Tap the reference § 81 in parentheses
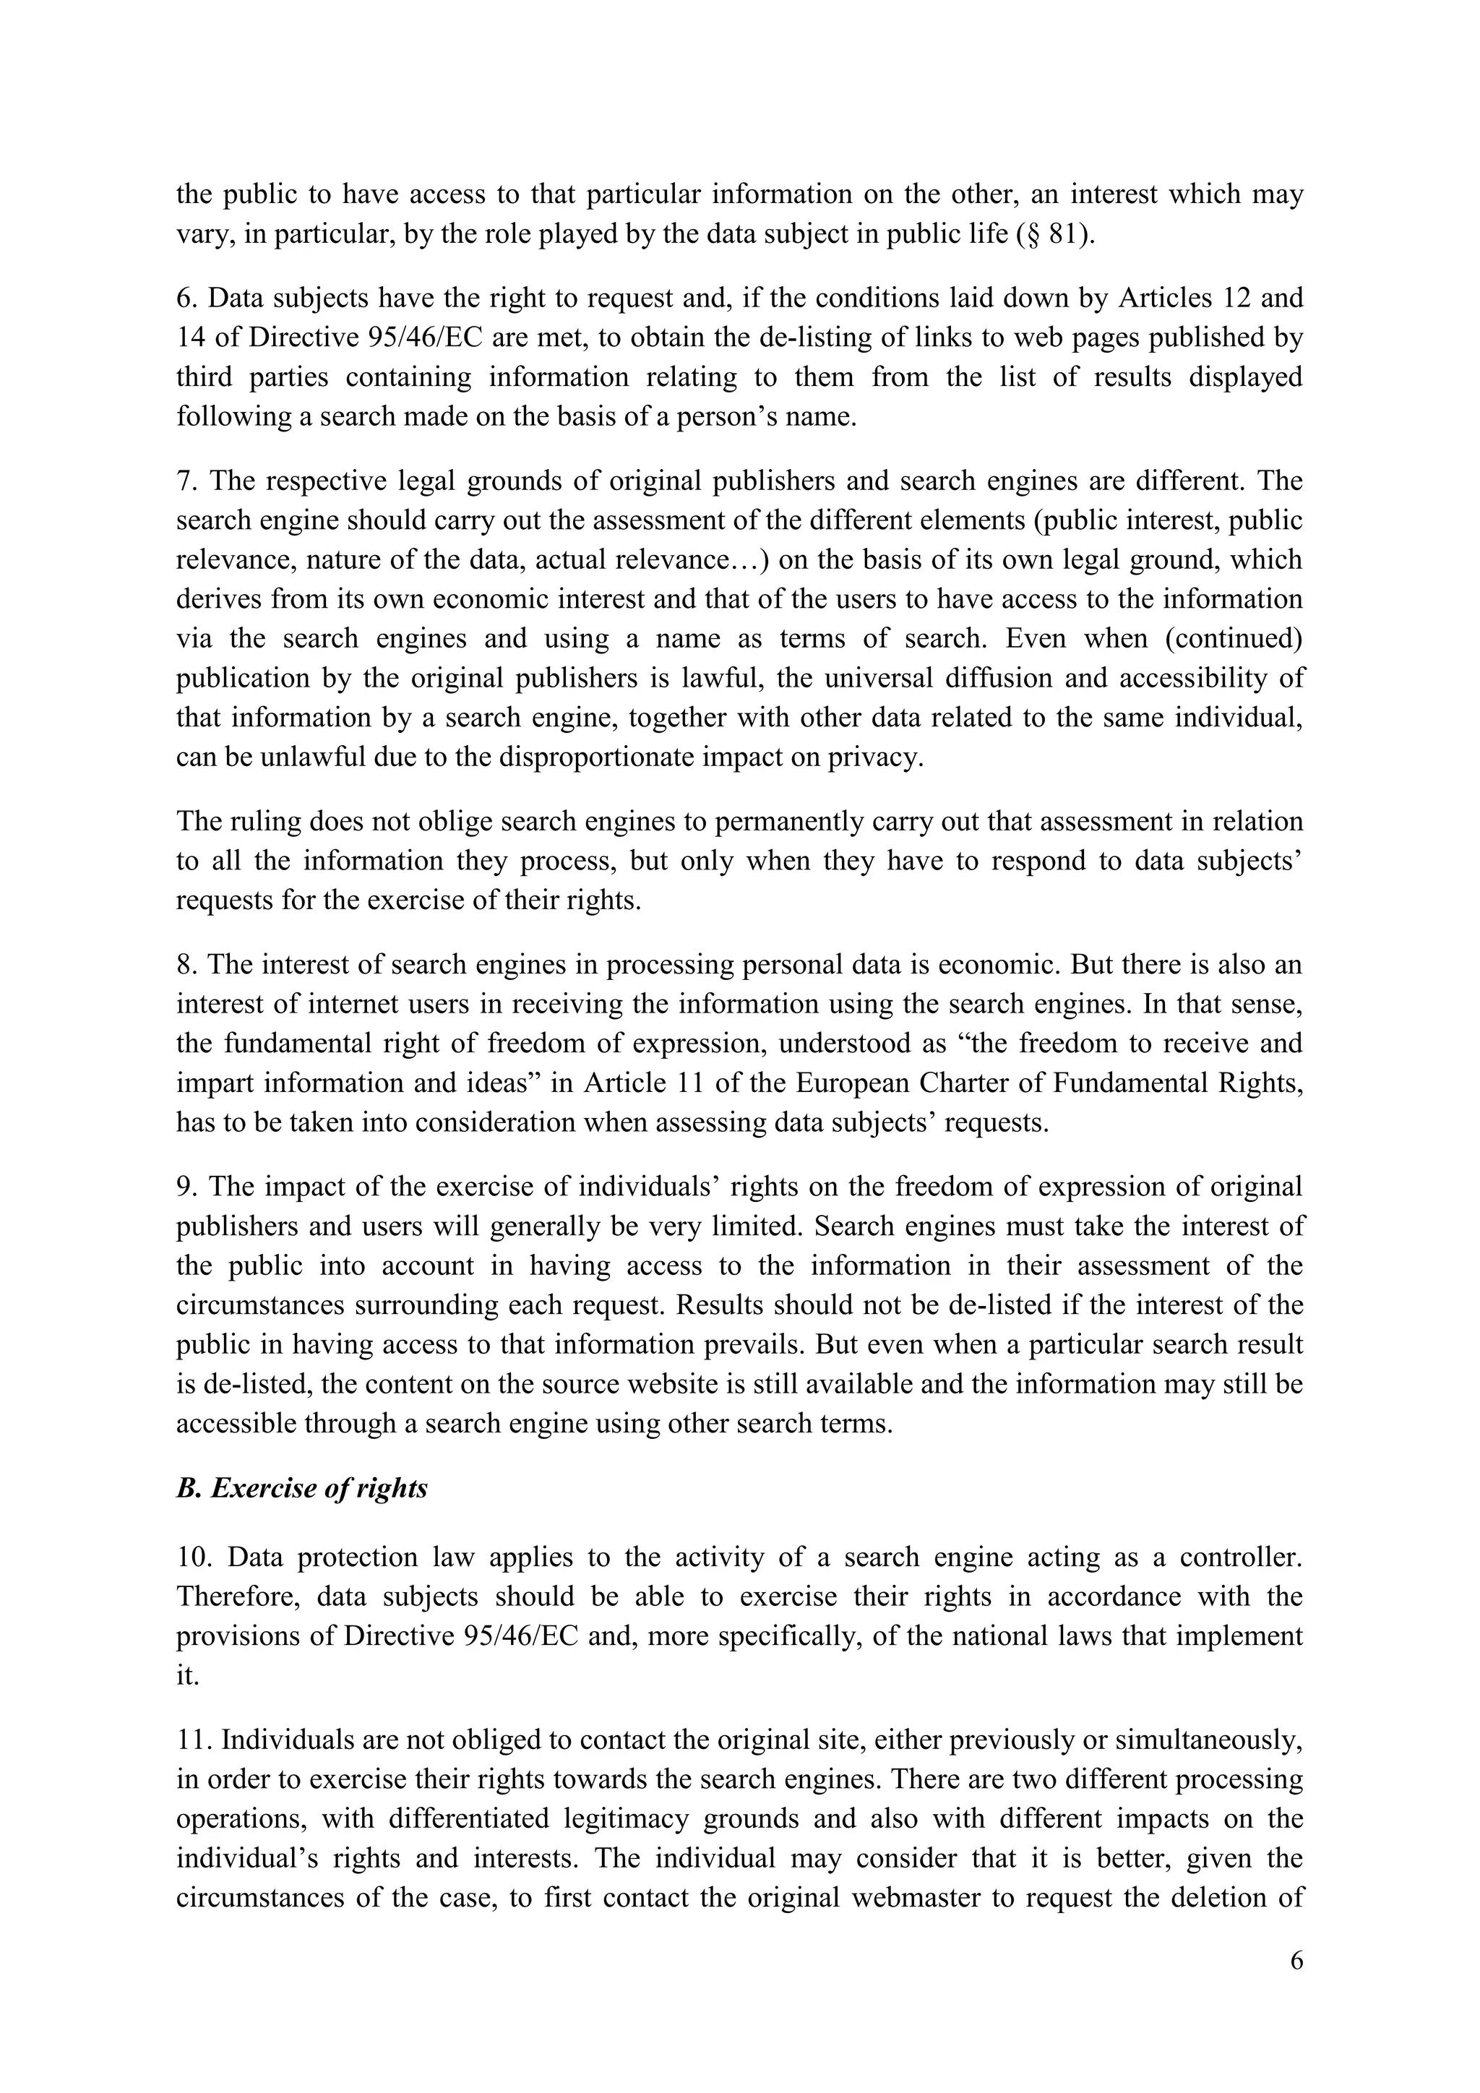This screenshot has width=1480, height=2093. coord(1055,234)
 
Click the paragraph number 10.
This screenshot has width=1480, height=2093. coord(192,1557)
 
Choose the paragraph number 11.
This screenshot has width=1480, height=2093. coord(192,1740)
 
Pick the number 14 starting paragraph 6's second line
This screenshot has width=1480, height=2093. coord(191,338)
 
